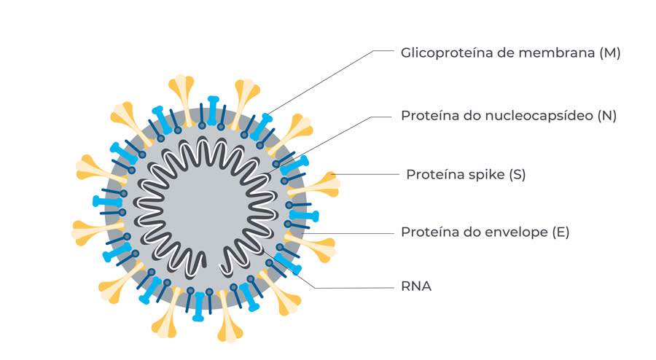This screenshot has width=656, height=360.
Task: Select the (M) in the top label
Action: pyautogui.click(x=609, y=53)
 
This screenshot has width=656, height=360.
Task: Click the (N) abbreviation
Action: pyautogui.click(x=606, y=116)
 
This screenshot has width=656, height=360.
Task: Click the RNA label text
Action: pyautogui.click(x=416, y=286)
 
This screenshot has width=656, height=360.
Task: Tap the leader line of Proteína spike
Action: pyautogui.click(x=364, y=175)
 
